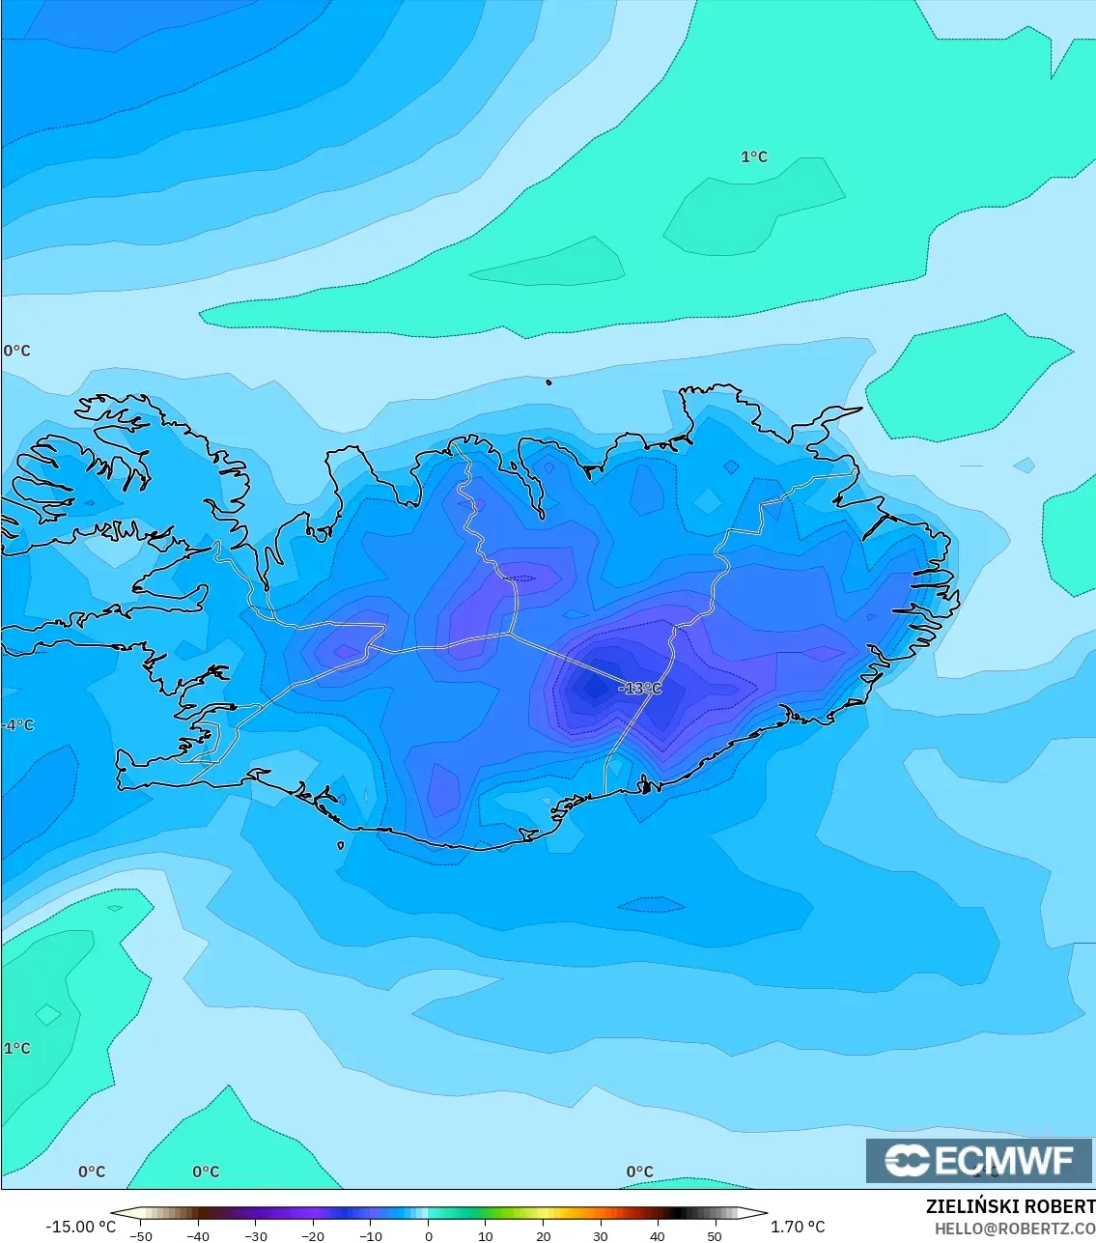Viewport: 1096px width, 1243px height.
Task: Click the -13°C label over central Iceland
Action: point(640,689)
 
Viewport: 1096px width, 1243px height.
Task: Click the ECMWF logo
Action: point(979,1160)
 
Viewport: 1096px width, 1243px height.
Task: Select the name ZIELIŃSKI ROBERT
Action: point(1010,1206)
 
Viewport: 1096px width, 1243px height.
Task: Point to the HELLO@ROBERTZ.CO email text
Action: point(1014,1228)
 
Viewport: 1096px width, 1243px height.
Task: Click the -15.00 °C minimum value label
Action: point(80,1227)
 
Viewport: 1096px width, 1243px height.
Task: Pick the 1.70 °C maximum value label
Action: point(798,1227)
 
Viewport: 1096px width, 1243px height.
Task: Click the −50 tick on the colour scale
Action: point(141,1236)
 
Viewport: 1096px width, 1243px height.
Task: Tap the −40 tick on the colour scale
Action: point(198,1236)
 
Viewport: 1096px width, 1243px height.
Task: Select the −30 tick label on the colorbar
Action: point(256,1236)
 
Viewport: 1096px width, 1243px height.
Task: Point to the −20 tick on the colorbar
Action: point(313,1236)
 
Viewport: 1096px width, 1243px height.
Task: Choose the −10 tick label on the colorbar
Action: point(371,1236)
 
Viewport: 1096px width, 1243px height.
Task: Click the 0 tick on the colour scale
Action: point(429,1236)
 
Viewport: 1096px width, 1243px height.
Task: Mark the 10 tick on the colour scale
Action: point(486,1236)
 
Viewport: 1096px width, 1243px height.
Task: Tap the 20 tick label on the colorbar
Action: point(543,1236)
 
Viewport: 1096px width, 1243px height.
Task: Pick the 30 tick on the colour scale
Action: point(601,1236)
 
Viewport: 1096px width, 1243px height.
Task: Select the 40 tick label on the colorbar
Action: point(658,1236)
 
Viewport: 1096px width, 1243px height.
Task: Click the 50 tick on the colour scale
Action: point(715,1236)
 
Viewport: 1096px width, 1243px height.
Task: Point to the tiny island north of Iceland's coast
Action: point(549,382)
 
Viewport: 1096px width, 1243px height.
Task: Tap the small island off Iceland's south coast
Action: point(341,846)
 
